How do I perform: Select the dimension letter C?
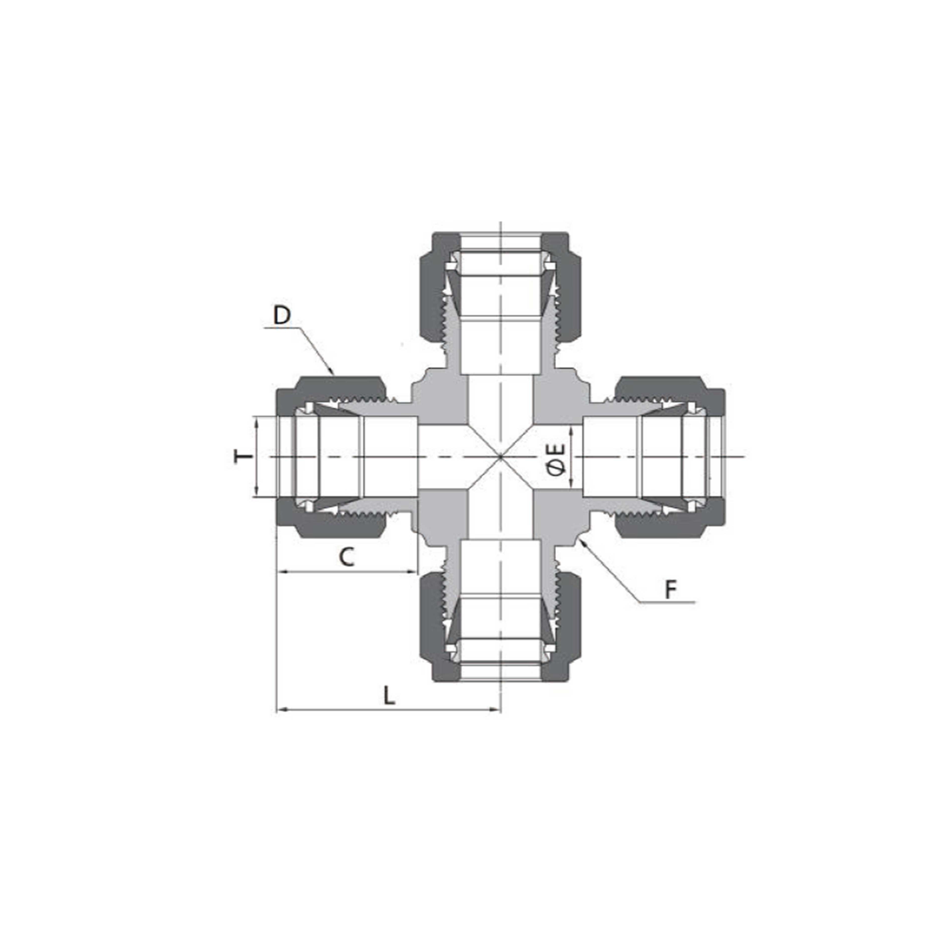pyautogui.click(x=347, y=557)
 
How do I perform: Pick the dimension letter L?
pyautogui.click(x=389, y=696)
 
